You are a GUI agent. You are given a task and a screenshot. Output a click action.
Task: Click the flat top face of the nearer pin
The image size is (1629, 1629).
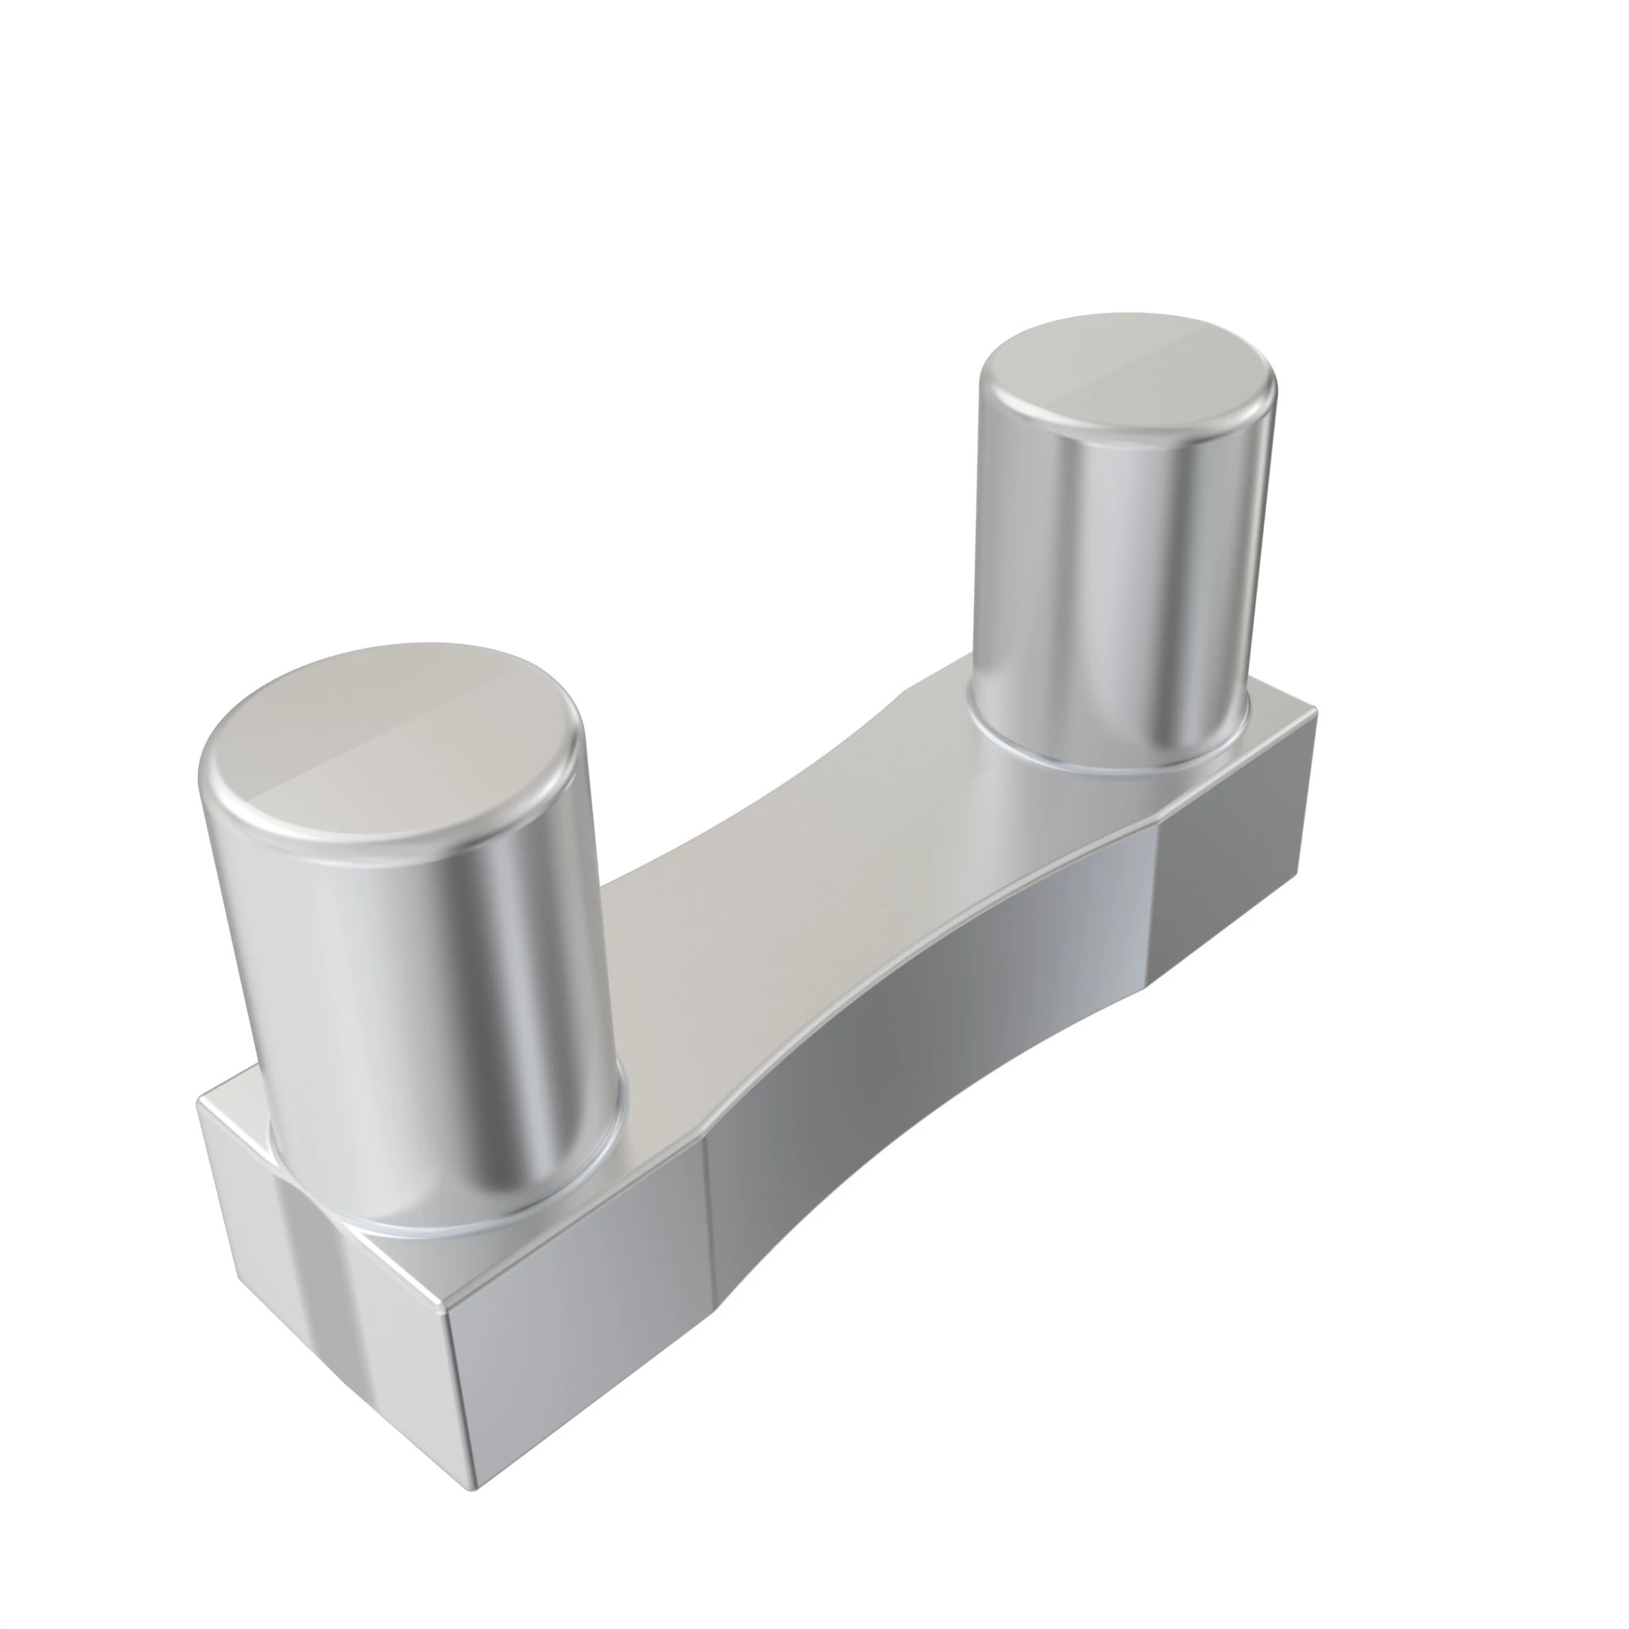pos(388,742)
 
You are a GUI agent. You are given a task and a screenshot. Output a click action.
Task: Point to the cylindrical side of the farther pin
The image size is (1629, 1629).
pos(1113,591)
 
